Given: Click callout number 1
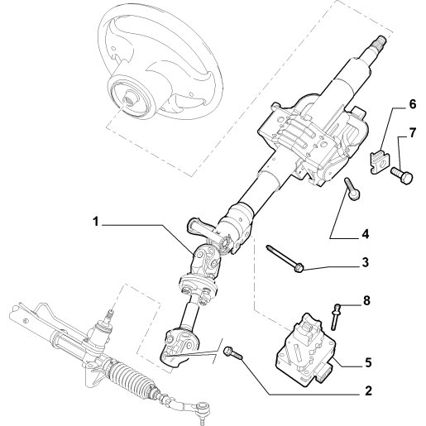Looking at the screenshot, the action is [x=96, y=222].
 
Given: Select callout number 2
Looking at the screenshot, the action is [x=368, y=390].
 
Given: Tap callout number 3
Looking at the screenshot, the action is [x=365, y=262].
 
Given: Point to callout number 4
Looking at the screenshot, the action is [x=365, y=234].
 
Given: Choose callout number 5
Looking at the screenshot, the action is [x=368, y=363].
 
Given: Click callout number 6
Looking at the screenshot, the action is [x=412, y=104].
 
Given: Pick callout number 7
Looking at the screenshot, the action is [x=412, y=133].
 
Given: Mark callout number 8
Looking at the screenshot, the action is [x=366, y=301].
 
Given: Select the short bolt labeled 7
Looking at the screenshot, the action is [x=401, y=175].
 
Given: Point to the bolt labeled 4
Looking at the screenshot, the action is [x=352, y=189].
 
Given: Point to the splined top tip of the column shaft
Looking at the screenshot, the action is [x=381, y=41].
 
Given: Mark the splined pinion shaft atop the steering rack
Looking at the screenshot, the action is [x=110, y=314].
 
